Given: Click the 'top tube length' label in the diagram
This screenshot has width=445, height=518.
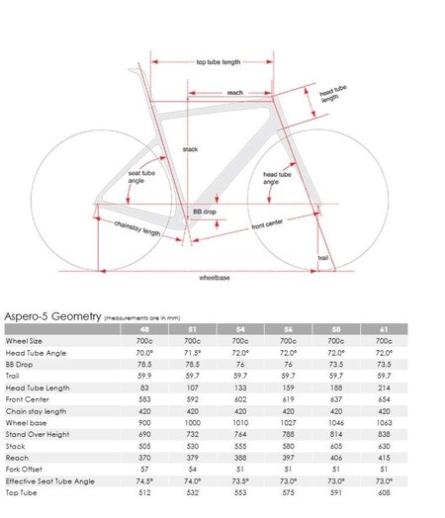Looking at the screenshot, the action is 218,61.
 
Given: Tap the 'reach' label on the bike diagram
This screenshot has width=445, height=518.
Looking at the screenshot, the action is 234,92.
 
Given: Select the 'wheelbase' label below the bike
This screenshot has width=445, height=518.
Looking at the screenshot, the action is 215,278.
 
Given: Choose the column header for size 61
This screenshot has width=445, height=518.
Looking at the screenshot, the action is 384,329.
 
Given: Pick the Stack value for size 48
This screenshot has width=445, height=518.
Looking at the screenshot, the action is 143,445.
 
